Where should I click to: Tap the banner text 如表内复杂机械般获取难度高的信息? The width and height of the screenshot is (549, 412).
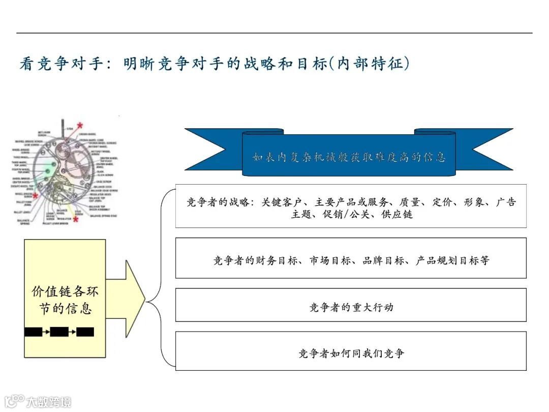pyautogui.click(x=349, y=157)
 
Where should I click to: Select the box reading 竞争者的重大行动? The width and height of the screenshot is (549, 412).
pyautogui.click(x=351, y=307)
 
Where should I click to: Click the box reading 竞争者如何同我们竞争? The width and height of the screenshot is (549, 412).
pyautogui.click(x=351, y=353)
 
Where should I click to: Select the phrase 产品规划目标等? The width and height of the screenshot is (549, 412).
pyautogui.click(x=452, y=260)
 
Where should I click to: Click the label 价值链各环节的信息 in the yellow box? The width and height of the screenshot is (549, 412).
pyautogui.click(x=65, y=300)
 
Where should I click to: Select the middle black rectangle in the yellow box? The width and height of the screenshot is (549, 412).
pyautogui.click(x=59, y=332)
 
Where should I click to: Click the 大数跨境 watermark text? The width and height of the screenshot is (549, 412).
pyautogui.click(x=48, y=402)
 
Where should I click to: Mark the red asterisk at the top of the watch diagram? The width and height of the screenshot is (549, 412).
pyautogui.click(x=79, y=125)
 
